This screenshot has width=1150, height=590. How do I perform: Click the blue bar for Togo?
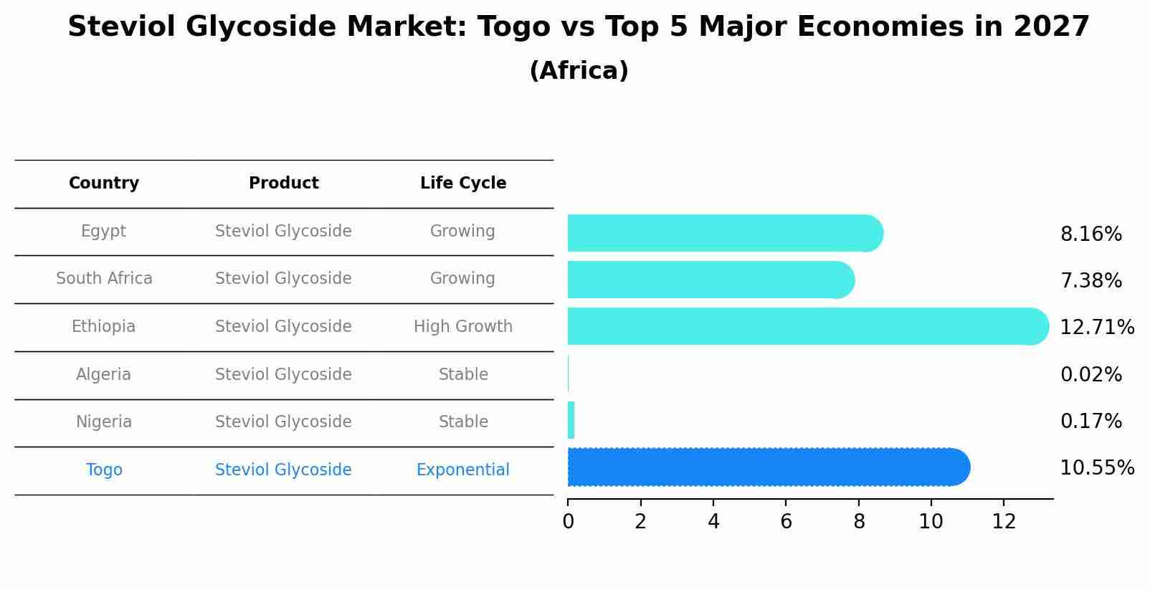[767, 467]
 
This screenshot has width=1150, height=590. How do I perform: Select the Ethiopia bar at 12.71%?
[807, 326]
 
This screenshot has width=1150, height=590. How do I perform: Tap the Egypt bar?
[724, 233]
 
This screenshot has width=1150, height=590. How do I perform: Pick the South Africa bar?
[710, 280]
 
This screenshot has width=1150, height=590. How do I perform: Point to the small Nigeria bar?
[571, 420]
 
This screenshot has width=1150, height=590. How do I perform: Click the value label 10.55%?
[1097, 468]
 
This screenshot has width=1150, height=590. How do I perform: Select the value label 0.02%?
[1090, 374]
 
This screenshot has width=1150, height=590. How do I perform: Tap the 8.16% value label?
[1090, 234]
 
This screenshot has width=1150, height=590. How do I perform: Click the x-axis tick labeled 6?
[786, 522]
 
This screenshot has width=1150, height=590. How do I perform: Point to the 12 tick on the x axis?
[1004, 522]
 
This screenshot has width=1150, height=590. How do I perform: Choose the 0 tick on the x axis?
[568, 522]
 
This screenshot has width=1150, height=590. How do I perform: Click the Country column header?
[104, 184]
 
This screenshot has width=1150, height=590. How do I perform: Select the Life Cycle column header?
[463, 184]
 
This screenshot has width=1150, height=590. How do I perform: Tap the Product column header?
[284, 184]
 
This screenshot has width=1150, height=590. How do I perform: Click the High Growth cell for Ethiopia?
[463, 327]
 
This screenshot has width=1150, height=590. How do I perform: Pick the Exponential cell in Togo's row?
[463, 470]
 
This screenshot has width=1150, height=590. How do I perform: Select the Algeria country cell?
[104, 374]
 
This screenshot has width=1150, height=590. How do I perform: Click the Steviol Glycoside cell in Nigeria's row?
[284, 422]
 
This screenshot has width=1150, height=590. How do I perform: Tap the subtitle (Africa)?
[579, 71]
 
